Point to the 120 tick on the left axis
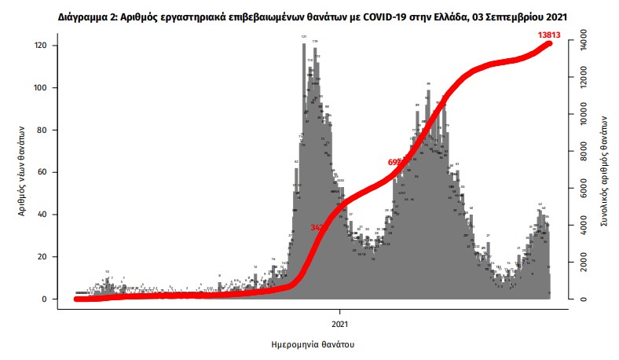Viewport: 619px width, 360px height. coord(46,46)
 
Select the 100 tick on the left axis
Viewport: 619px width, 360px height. coord(46,88)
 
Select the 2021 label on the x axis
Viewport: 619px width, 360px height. coord(340,321)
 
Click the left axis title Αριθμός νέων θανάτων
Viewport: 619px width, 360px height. coord(24,171)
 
